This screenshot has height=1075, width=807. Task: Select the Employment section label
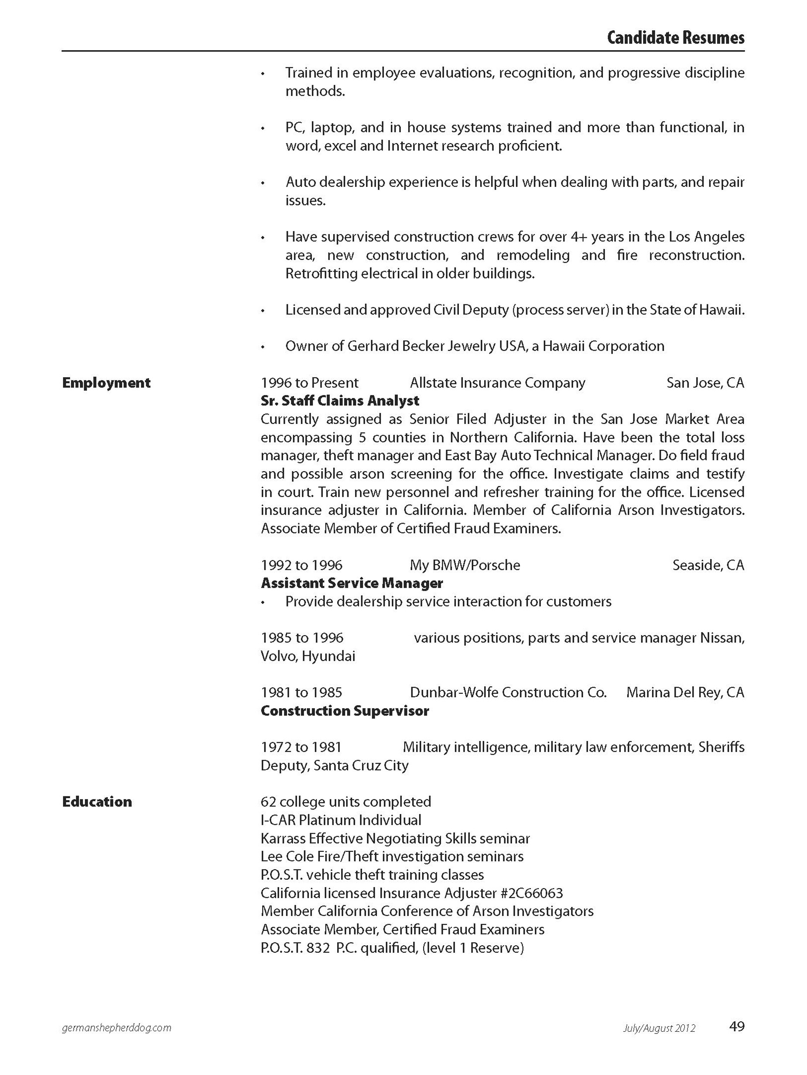(106, 383)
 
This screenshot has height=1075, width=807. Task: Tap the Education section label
(97, 802)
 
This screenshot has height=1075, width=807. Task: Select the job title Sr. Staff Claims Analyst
(340, 401)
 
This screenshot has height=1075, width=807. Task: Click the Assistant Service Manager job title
(352, 583)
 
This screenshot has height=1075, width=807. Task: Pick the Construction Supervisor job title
(345, 711)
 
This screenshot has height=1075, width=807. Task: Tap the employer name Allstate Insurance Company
(498, 383)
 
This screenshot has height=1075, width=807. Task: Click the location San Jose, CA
(705, 383)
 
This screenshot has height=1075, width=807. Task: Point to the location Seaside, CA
(708, 565)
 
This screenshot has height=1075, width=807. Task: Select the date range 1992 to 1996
(301, 565)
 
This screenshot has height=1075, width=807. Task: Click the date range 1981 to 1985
(301, 693)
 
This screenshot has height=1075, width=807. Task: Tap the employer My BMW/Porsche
(465, 565)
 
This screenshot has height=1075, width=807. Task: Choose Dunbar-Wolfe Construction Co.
(508, 693)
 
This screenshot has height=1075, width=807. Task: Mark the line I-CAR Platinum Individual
(341, 820)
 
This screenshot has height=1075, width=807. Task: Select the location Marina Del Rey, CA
(685, 693)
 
